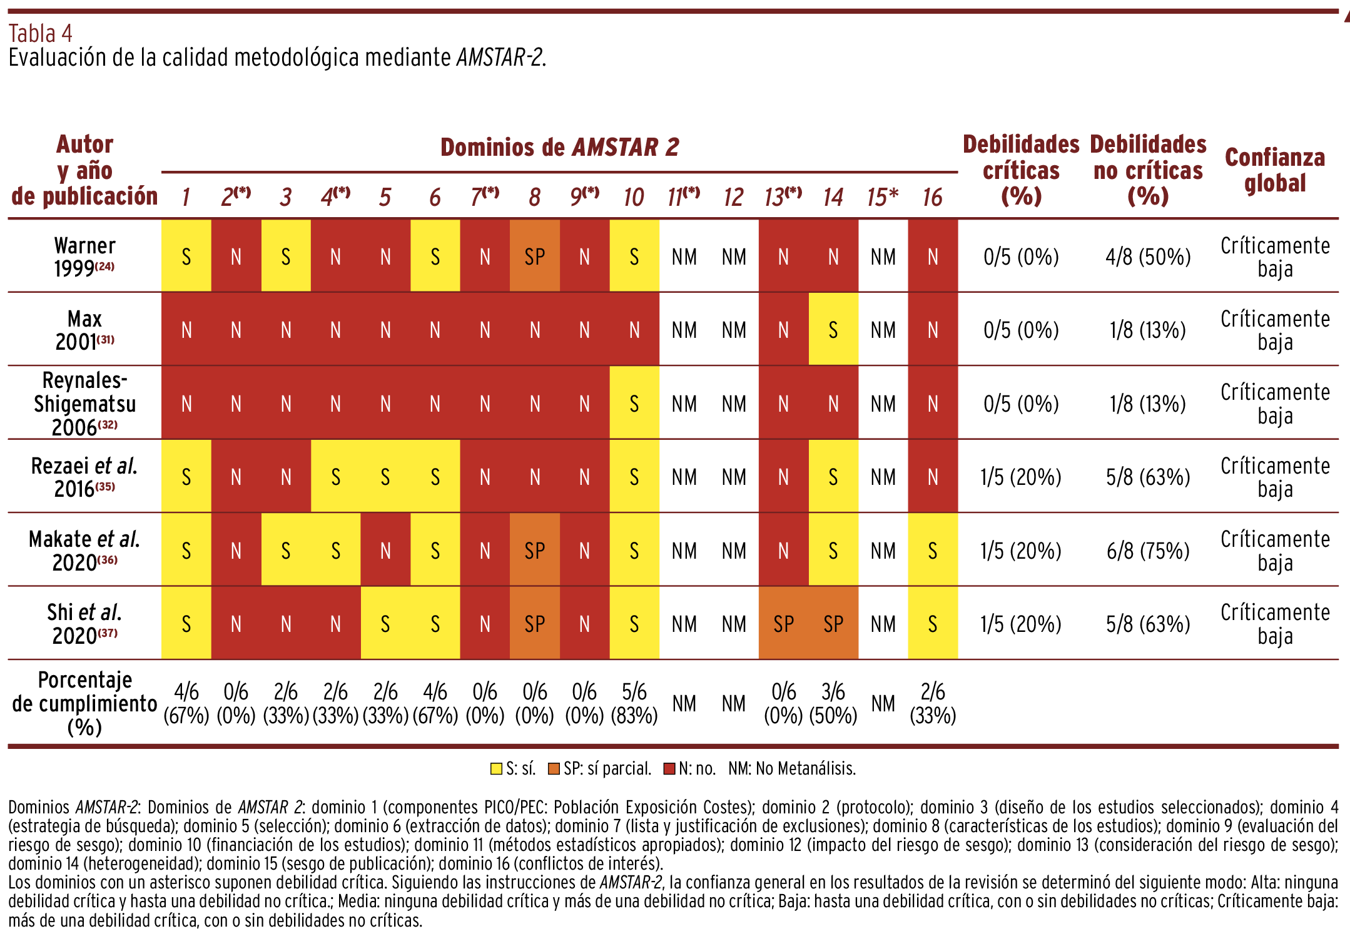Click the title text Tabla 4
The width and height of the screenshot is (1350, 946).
40,33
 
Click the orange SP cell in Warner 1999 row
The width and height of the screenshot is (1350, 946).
535,256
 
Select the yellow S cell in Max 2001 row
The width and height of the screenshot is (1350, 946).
833,330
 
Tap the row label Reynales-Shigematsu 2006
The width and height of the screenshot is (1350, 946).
84,404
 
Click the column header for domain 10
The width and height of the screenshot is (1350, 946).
634,197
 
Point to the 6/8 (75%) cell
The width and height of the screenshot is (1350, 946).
1148,551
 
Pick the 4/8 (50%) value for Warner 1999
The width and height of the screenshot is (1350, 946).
1148,257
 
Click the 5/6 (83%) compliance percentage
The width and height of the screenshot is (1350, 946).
634,703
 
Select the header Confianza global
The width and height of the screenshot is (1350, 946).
1275,170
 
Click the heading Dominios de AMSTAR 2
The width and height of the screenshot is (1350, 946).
560,147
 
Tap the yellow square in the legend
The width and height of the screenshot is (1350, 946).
496,769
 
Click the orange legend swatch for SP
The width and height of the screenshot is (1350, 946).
554,769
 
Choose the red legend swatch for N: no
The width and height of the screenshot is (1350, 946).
669,769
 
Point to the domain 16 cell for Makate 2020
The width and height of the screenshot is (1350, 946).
933,550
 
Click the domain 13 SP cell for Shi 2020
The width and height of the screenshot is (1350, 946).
784,623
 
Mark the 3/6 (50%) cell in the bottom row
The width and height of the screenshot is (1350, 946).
833,703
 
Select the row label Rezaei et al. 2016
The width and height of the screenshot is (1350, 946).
84,477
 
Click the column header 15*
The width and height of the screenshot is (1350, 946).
883,197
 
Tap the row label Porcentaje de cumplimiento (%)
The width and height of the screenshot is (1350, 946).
84,703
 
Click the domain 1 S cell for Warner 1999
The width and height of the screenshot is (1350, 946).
186,256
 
